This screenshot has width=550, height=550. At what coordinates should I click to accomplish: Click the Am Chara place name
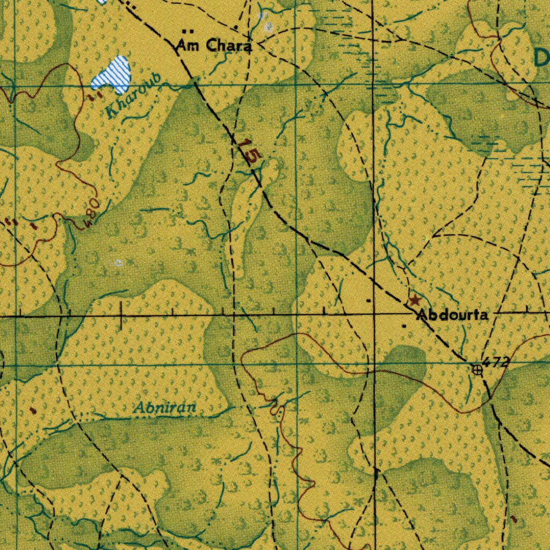click(213, 46)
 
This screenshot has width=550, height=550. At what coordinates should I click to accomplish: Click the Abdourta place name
click(453, 315)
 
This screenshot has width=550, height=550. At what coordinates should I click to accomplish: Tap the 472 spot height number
click(495, 363)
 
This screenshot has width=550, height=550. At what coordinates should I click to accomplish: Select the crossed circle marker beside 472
click(477, 370)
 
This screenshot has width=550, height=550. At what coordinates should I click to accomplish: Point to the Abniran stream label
click(165, 409)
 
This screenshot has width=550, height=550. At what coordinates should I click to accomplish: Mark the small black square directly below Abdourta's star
click(404, 325)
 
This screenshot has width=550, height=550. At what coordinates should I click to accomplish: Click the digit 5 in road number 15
click(255, 156)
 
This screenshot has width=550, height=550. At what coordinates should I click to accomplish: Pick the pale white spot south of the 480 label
click(119, 263)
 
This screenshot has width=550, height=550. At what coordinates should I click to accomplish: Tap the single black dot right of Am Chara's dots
click(236, 28)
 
